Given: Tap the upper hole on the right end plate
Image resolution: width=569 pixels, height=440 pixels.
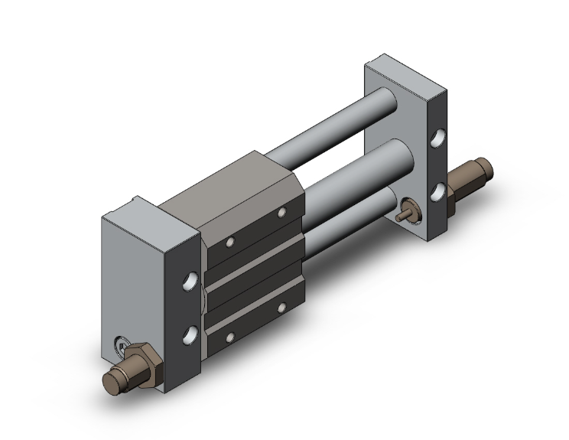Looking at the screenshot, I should [439, 139].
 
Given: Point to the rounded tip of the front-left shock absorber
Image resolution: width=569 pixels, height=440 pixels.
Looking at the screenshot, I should [113, 381].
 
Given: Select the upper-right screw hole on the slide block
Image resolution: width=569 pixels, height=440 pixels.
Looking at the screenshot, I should [281, 211].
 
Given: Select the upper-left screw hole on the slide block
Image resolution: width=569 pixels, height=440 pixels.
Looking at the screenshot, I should [230, 243].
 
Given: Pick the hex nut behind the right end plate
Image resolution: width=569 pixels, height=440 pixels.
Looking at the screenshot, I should [463, 184].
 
